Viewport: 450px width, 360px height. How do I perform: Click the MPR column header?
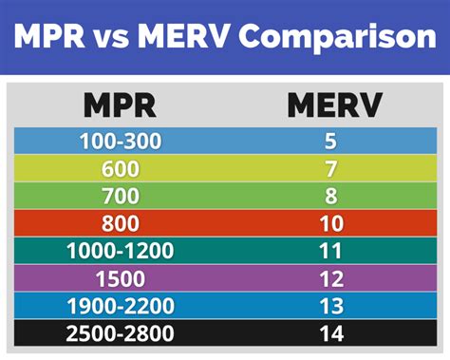(120, 104)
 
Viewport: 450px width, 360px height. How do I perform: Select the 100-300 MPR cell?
(121, 142)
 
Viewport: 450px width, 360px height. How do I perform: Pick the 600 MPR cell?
(121, 170)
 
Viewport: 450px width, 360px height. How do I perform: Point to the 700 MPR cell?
(121, 198)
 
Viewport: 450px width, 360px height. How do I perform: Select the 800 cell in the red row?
(121, 225)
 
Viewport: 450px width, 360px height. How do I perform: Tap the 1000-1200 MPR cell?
(121, 253)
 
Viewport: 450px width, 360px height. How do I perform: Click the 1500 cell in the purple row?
(121, 279)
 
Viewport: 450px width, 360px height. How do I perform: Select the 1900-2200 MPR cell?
(121, 307)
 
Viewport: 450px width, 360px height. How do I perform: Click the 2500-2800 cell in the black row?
(121, 333)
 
